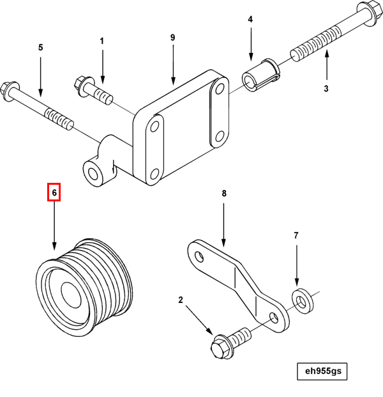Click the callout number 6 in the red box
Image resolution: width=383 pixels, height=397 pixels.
[54, 192]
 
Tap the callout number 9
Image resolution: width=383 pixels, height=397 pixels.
[172, 38]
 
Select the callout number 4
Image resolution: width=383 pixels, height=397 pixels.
[250, 20]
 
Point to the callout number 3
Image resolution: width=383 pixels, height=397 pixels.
[326, 88]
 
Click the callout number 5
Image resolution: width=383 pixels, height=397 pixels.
[41, 47]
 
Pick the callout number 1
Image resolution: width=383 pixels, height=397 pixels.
[101, 42]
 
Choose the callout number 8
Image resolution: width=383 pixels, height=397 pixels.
[224, 192]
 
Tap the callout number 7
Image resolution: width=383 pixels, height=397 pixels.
[296, 236]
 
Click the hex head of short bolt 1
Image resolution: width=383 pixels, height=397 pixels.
[82, 83]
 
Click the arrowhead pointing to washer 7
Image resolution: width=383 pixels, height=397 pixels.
[296, 283]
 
